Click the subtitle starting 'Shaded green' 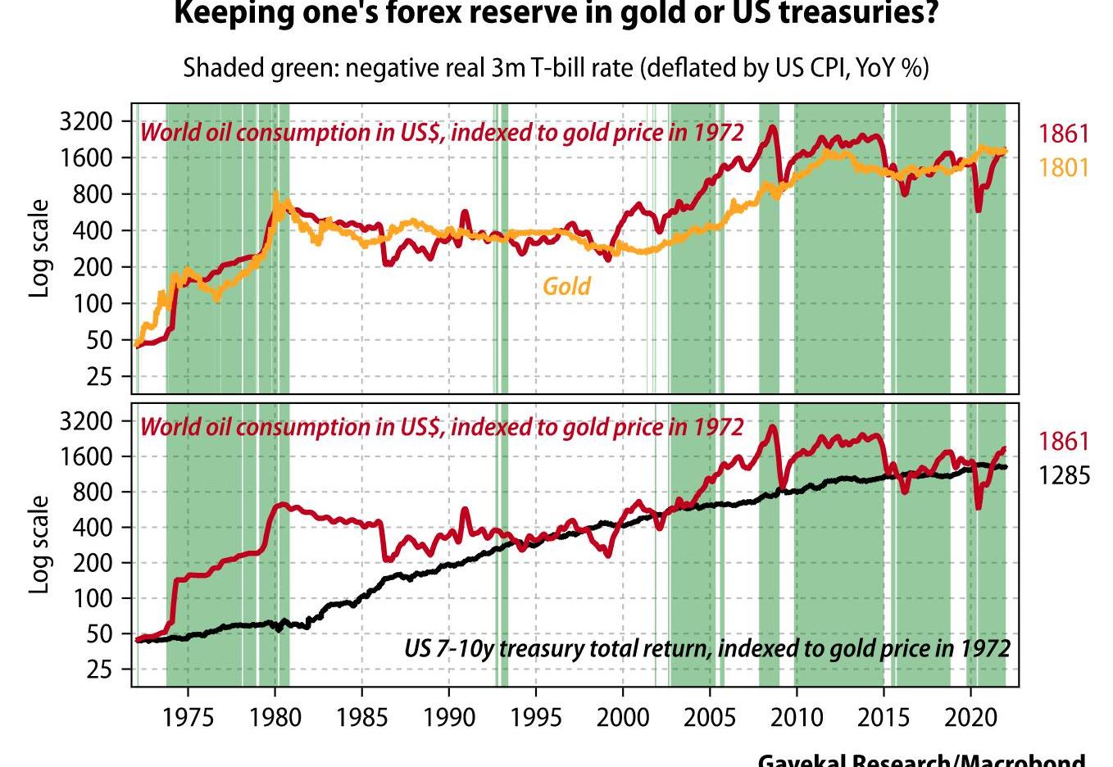coord(556,67)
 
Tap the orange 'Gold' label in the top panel coord(566,286)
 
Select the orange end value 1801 coord(1064,168)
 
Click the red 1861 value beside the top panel coord(1064,134)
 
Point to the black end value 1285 coord(1064,475)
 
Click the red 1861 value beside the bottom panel coord(1064,441)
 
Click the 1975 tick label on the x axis coord(189,718)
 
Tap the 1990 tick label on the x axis coord(449,718)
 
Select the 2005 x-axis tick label coord(710,718)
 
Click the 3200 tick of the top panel coord(85,122)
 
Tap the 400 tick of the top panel coord(92,230)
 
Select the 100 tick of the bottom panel coord(92,599)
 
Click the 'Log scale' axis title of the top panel coord(39,248)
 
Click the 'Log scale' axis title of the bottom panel coord(39,543)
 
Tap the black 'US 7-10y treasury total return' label coord(706,648)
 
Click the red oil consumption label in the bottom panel coord(442,427)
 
